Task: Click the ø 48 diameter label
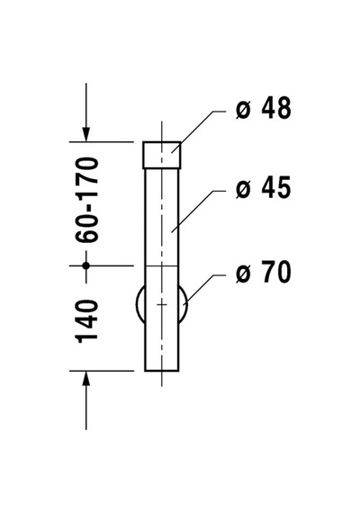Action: click(x=263, y=108)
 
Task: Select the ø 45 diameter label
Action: click(x=263, y=187)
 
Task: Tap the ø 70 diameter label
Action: click(x=263, y=271)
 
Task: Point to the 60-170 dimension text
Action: click(x=87, y=200)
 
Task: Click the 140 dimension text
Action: click(x=87, y=321)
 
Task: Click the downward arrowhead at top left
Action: click(x=86, y=134)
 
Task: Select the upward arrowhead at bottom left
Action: click(x=86, y=379)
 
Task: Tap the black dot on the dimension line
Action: click(x=86, y=265)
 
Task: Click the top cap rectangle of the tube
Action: click(x=162, y=155)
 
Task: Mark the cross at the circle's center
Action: click(x=162, y=304)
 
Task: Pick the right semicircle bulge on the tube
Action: click(x=184, y=304)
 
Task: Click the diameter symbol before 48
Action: click(x=243, y=110)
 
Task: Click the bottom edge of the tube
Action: click(x=162, y=371)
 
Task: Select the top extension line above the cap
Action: click(x=102, y=141)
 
